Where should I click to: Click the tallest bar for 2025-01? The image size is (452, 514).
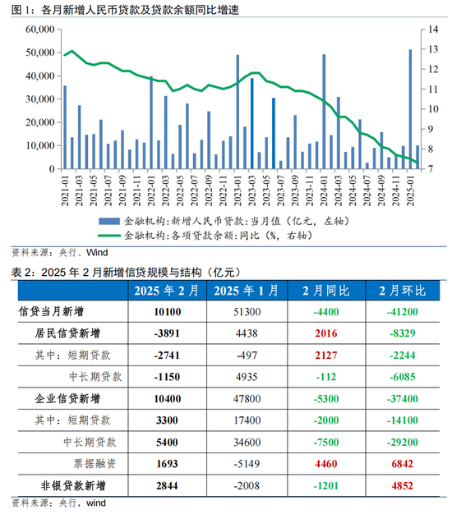coord(410,109)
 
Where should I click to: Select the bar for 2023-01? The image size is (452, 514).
coord(238,112)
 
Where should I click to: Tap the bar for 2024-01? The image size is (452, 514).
coord(324,112)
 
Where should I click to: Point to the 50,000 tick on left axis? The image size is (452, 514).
coord(40,53)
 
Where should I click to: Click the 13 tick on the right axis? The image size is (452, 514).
coord(433,49)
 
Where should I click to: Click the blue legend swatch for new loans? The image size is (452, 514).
coord(109,221)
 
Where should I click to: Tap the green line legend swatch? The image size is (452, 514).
coord(109,236)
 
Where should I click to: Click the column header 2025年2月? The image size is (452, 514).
coord(167,291)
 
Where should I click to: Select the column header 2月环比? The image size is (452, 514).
coord(403,291)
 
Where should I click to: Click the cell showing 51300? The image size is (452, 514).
coord(247,312)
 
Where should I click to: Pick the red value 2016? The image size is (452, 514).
coord(326,333)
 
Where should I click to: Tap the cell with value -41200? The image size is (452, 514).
coord(403,312)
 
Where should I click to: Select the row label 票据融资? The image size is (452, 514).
coord(95,464)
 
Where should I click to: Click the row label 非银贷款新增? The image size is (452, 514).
coord(73,485)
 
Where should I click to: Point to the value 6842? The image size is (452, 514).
coord(403,464)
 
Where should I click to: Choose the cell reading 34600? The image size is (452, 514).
coord(247,443)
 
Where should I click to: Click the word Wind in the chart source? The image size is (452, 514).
coord(97,252)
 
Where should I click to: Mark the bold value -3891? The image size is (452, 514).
coord(167,333)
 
